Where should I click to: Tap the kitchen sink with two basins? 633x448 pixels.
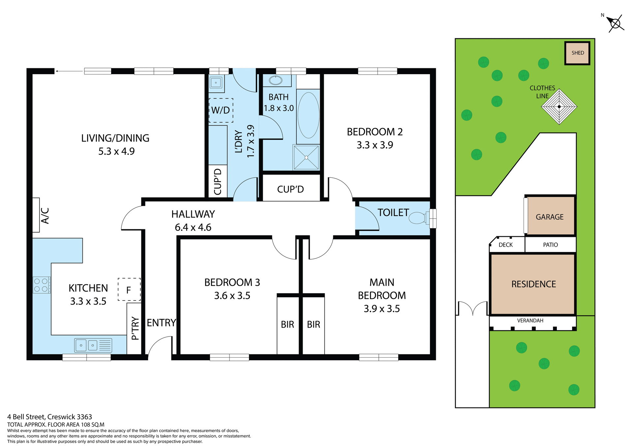[x=93, y=345]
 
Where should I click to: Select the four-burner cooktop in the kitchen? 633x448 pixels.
[x=41, y=285]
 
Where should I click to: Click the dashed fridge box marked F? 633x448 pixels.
[x=129, y=289]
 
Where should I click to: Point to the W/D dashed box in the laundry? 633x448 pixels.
[x=221, y=110]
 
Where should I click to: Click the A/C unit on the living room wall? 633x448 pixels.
[x=36, y=215]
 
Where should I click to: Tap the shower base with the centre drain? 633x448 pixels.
[x=306, y=157]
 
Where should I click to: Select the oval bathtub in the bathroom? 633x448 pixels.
[x=308, y=115]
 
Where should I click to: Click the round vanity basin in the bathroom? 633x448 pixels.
[x=276, y=80]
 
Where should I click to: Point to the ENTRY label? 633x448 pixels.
[x=161, y=323]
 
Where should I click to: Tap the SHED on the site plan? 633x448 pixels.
[x=577, y=53]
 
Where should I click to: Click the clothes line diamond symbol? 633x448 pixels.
[x=559, y=107]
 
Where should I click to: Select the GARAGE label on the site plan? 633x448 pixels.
[x=550, y=217]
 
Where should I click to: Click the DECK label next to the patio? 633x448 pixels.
[x=505, y=245]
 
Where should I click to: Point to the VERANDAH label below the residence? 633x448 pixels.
[x=530, y=320]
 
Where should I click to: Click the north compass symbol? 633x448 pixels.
[x=615, y=23]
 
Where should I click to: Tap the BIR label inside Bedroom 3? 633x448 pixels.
[x=287, y=325]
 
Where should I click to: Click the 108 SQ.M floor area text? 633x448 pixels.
[x=92, y=425]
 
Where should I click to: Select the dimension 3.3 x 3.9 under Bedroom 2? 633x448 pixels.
[x=375, y=145]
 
